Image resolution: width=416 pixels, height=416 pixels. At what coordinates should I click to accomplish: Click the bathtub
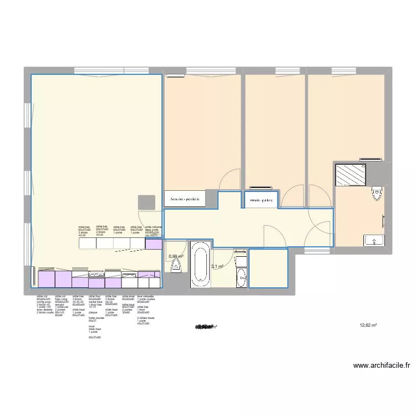pyautogui.click(x=200, y=265)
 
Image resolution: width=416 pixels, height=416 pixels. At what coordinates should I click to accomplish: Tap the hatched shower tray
pyautogui.click(x=349, y=175)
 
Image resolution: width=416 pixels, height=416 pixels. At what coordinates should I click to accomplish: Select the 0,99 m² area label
pyautogui.click(x=175, y=256)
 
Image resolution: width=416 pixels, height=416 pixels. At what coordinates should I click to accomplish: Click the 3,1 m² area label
pyautogui.click(x=216, y=267)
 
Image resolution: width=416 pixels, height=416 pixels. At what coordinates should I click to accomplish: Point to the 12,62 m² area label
pyautogui.click(x=368, y=326)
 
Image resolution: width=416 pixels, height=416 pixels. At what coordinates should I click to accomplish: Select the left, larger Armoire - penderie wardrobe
pyautogui.click(x=185, y=198)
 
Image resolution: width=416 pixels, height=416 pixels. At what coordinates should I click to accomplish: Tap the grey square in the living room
pyautogui.click(x=146, y=202)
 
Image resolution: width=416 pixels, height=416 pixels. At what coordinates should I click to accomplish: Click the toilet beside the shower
pyautogui.click(x=379, y=194)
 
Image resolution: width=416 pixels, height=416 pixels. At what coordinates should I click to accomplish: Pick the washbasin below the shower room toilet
pyautogui.click(x=375, y=240)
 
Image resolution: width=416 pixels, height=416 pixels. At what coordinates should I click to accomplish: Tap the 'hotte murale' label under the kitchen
pyautogui.click(x=97, y=319)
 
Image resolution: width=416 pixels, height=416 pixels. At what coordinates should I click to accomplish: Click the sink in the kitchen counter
pyautogui.click(x=129, y=275)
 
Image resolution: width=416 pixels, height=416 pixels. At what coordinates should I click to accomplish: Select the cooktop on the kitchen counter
pyautogui.click(x=97, y=275)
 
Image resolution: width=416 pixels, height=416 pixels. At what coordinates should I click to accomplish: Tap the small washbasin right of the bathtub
pyautogui.click(x=240, y=261)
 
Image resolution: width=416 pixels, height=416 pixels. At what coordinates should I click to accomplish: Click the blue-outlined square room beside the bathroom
pyautogui.click(x=268, y=268)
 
